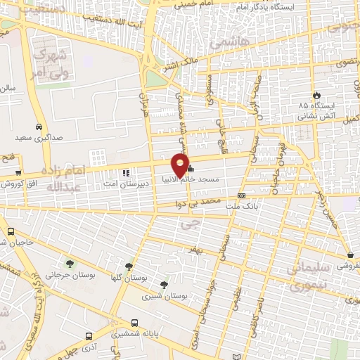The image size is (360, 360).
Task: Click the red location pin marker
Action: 180,165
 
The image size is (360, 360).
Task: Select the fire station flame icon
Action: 316,94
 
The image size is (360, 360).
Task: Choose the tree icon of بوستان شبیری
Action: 164,285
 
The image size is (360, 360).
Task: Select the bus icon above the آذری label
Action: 88,336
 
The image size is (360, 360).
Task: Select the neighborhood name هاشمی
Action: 224,43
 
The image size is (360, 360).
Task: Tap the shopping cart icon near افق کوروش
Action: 18,172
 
